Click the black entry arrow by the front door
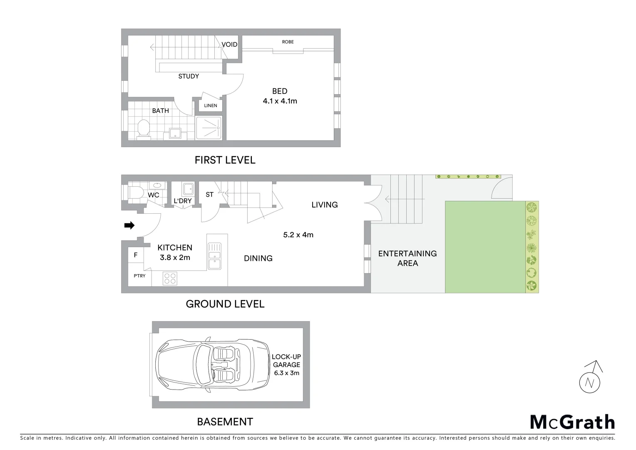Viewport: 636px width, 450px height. point(129,225)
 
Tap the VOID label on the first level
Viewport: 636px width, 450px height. point(229,45)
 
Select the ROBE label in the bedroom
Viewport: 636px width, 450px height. point(288,42)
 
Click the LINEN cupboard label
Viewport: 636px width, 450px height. point(211,105)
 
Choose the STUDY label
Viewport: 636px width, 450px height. point(189,76)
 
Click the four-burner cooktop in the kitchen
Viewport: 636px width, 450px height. point(170,278)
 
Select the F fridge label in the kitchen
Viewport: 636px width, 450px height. point(135,255)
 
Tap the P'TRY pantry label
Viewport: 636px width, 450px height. point(139,276)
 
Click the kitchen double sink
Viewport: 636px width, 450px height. point(214,256)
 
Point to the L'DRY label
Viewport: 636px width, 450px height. point(183,201)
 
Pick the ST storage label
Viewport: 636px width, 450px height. point(209,195)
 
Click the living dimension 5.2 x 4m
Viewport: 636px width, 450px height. point(298,235)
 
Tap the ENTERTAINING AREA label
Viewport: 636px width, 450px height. point(407,258)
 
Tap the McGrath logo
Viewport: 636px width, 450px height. point(572,422)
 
